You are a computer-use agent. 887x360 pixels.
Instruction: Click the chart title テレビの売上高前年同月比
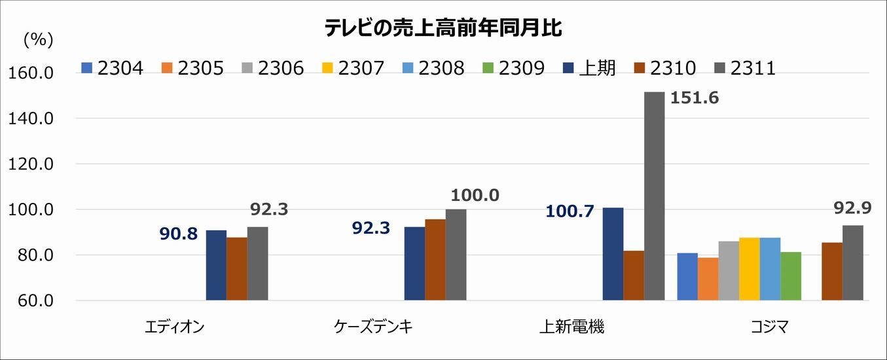(443, 27)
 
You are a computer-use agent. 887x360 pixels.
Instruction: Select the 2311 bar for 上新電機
(654, 196)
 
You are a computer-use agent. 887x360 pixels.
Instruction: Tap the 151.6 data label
(693, 98)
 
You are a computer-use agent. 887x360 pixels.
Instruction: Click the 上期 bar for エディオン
(216, 265)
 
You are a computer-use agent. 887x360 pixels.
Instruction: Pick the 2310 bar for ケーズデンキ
(435, 260)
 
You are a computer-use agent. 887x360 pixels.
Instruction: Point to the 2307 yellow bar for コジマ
(750, 269)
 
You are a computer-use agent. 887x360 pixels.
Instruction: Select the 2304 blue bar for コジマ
(687, 276)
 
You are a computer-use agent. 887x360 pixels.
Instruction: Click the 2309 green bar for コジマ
(791, 276)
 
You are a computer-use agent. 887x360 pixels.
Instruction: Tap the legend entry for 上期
(590, 67)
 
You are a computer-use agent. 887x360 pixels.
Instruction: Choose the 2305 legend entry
(192, 67)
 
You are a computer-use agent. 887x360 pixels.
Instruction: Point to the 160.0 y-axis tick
(31, 73)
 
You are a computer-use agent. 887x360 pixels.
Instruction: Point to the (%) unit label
(38, 40)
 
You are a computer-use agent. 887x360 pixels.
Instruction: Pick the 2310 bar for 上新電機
(634, 276)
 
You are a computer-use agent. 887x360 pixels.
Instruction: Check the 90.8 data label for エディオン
(178, 234)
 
